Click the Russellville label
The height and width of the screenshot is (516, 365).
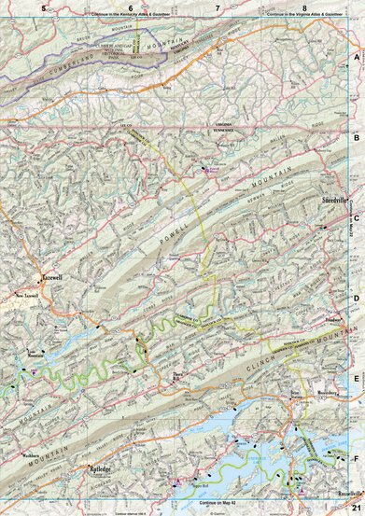coord(350,491)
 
